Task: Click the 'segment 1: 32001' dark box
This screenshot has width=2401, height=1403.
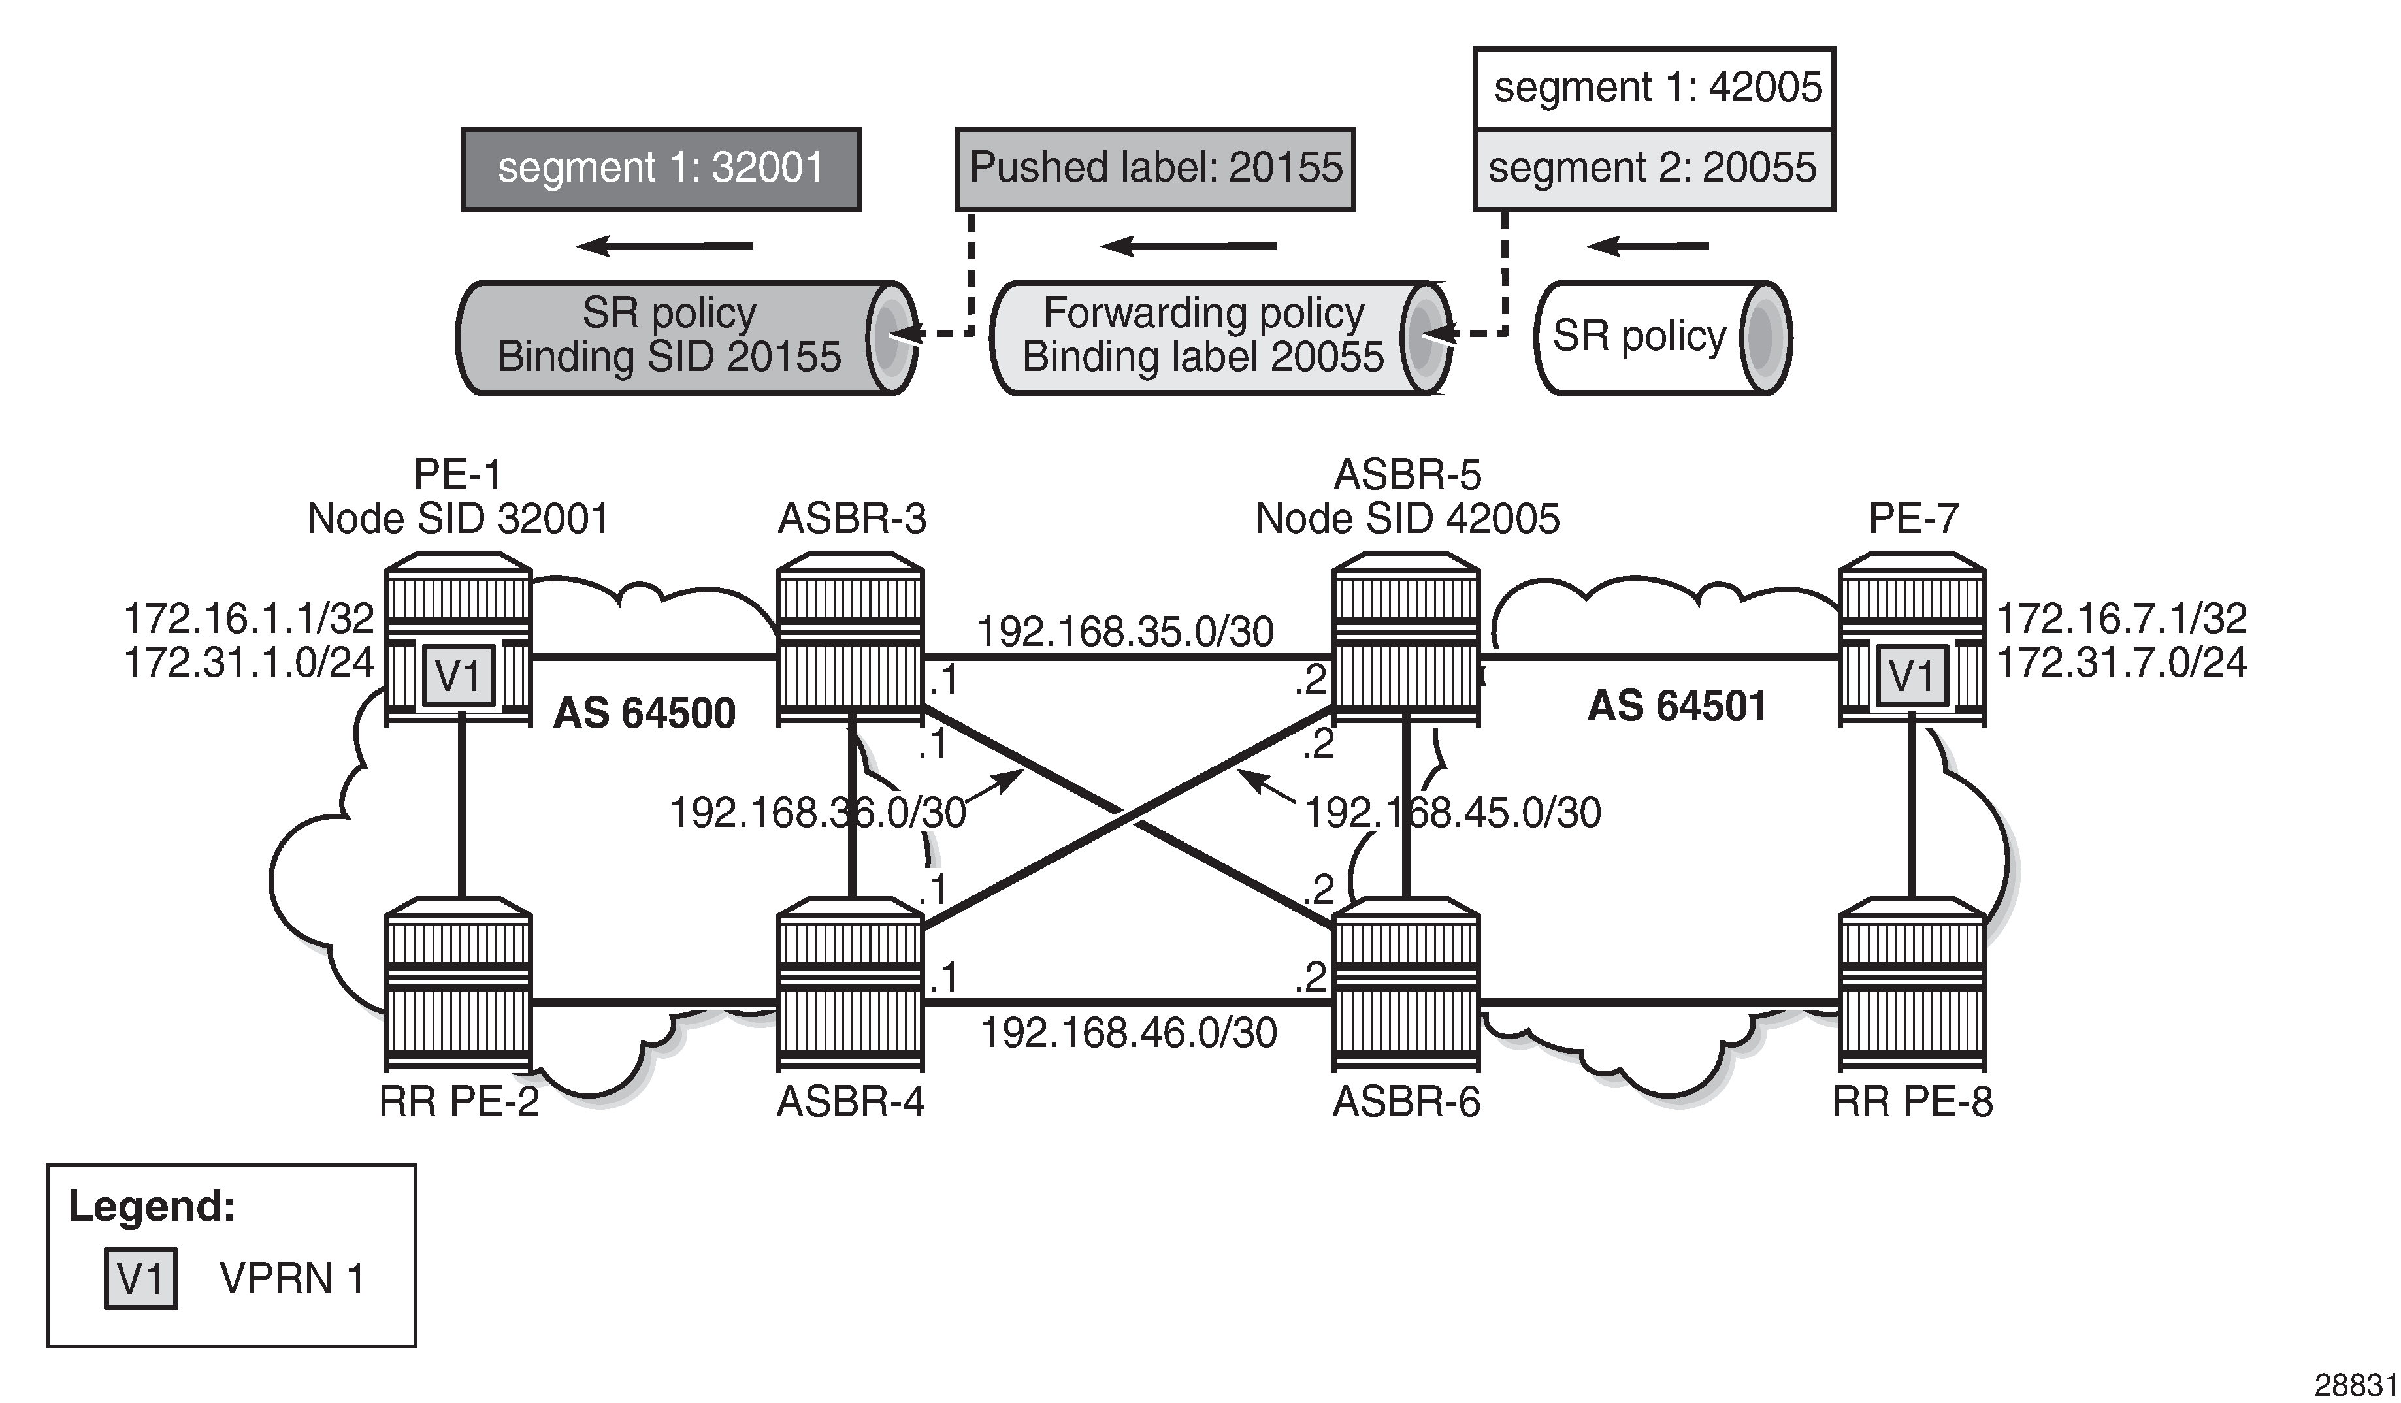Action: coord(661,169)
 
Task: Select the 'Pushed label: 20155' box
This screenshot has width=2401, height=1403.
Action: coord(1155,169)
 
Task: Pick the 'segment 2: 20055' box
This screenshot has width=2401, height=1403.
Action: coord(1654,169)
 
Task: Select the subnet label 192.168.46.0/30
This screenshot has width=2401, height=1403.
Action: coord(1128,1033)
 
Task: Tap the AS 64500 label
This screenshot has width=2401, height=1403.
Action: coord(644,713)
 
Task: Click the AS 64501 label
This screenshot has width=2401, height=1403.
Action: coord(1677,707)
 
